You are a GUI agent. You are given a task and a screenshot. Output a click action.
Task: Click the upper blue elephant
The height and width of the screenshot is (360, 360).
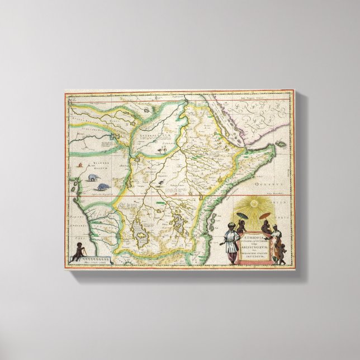tap(91, 177)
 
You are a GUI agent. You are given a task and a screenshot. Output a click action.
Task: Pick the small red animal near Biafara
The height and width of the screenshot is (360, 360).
tap(82, 166)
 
